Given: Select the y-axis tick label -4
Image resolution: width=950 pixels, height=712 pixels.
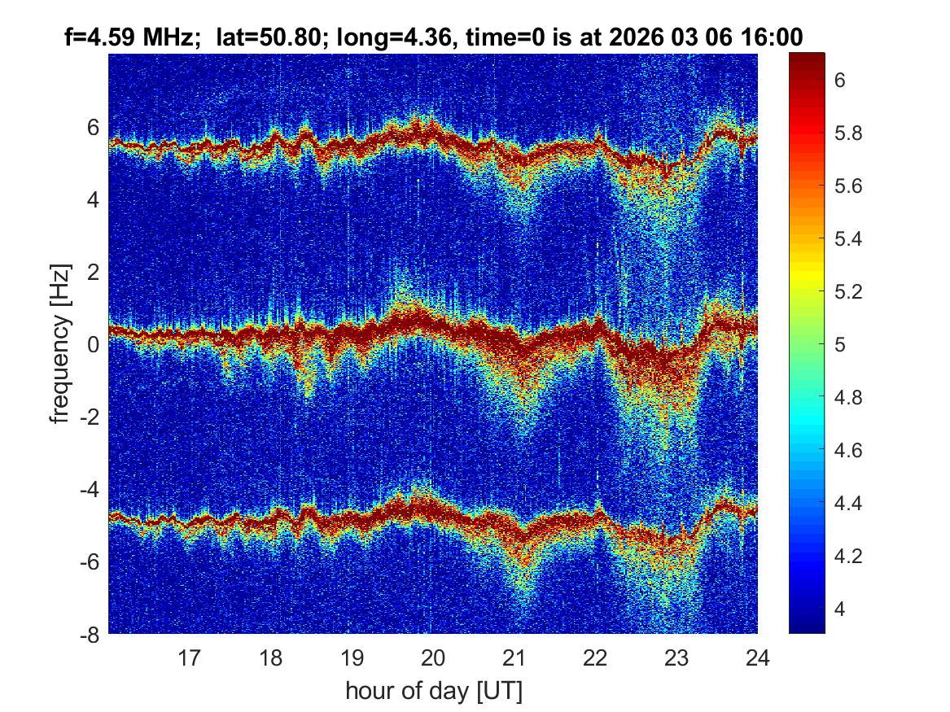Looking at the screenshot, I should [x=90, y=490].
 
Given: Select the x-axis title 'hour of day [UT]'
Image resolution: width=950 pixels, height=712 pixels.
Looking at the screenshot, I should [x=433, y=692].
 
